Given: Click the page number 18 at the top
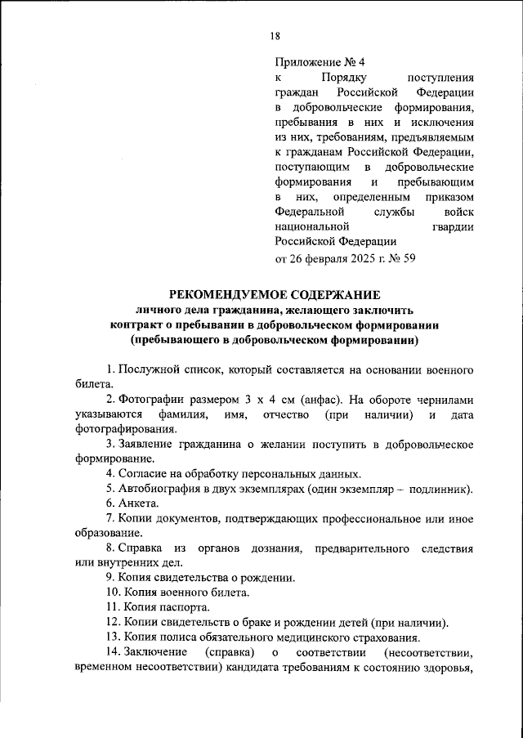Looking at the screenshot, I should click(275, 35).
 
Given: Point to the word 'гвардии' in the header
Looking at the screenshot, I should click(452, 226).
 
